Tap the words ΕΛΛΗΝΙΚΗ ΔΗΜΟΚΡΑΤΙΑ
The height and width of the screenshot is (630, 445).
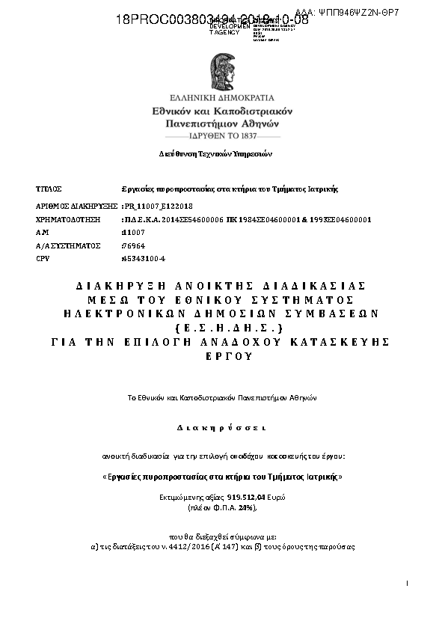point(222,97)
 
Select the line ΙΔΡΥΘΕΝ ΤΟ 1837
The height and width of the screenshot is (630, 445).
point(222,137)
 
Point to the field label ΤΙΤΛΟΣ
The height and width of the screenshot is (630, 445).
point(49,189)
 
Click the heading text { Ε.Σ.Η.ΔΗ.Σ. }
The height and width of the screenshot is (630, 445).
point(222,328)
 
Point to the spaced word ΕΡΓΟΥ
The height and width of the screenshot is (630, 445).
point(222,356)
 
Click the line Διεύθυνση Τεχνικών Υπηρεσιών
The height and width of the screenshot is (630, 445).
point(215,153)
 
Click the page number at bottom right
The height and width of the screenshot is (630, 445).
point(408,582)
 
